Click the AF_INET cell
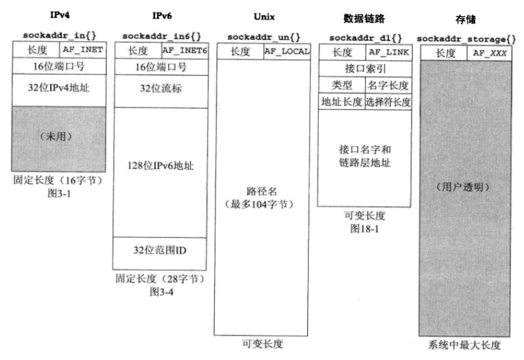pyautogui.click(x=82, y=48)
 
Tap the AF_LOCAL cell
pyautogui.click(x=287, y=51)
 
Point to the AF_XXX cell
pyautogui.click(x=490, y=53)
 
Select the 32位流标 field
pyautogui.click(x=161, y=88)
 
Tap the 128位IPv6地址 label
pyautogui.click(x=161, y=166)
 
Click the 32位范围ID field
pyautogui.click(x=161, y=250)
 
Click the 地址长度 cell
pyautogui.click(x=341, y=102)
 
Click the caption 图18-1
pyautogui.click(x=365, y=229)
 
